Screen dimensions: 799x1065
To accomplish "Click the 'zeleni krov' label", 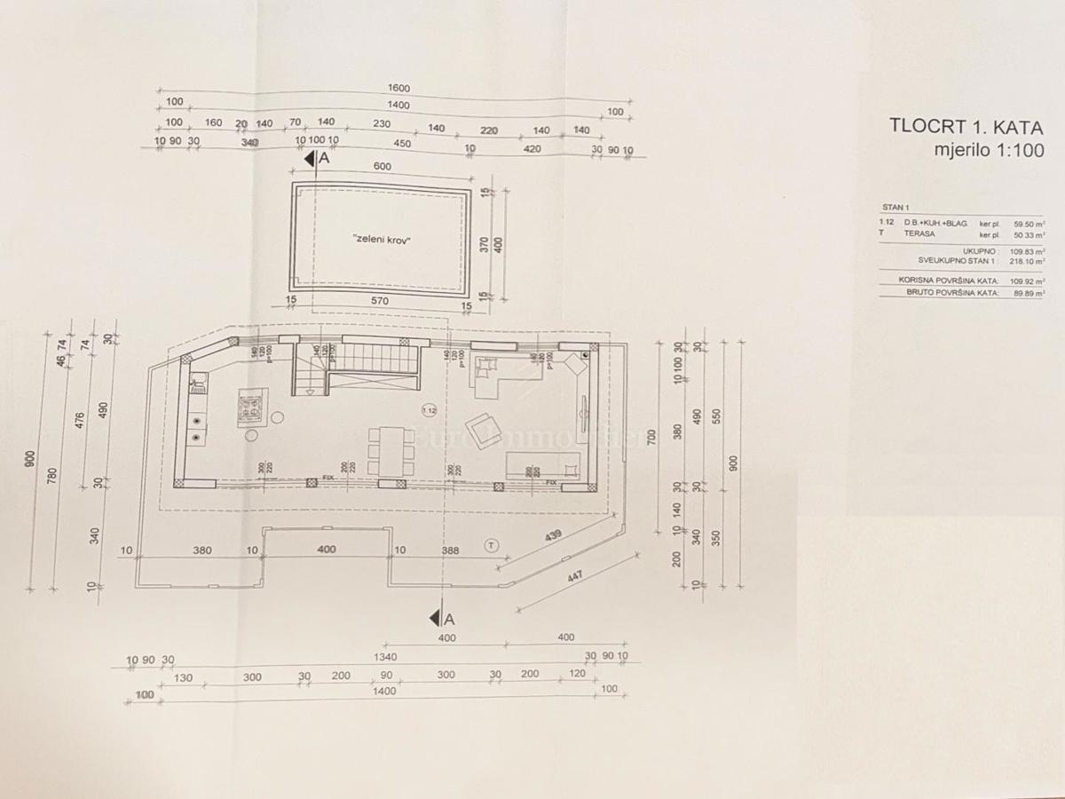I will pyautogui.click(x=382, y=240).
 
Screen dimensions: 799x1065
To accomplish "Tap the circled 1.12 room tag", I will pyautogui.click(x=430, y=410).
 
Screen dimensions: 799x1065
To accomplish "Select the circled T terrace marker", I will pyautogui.click(x=492, y=544).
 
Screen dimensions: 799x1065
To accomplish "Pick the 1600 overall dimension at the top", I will pyautogui.click(x=398, y=88).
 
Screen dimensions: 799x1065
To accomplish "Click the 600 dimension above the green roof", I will pyautogui.click(x=383, y=167).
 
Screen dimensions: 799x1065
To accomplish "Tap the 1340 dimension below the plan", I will pyautogui.click(x=384, y=658).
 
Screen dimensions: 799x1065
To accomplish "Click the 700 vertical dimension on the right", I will pyautogui.click(x=652, y=437).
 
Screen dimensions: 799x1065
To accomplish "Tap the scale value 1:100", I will pyautogui.click(x=1014, y=150).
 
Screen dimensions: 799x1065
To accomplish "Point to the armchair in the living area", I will pyautogui.click(x=482, y=430).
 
